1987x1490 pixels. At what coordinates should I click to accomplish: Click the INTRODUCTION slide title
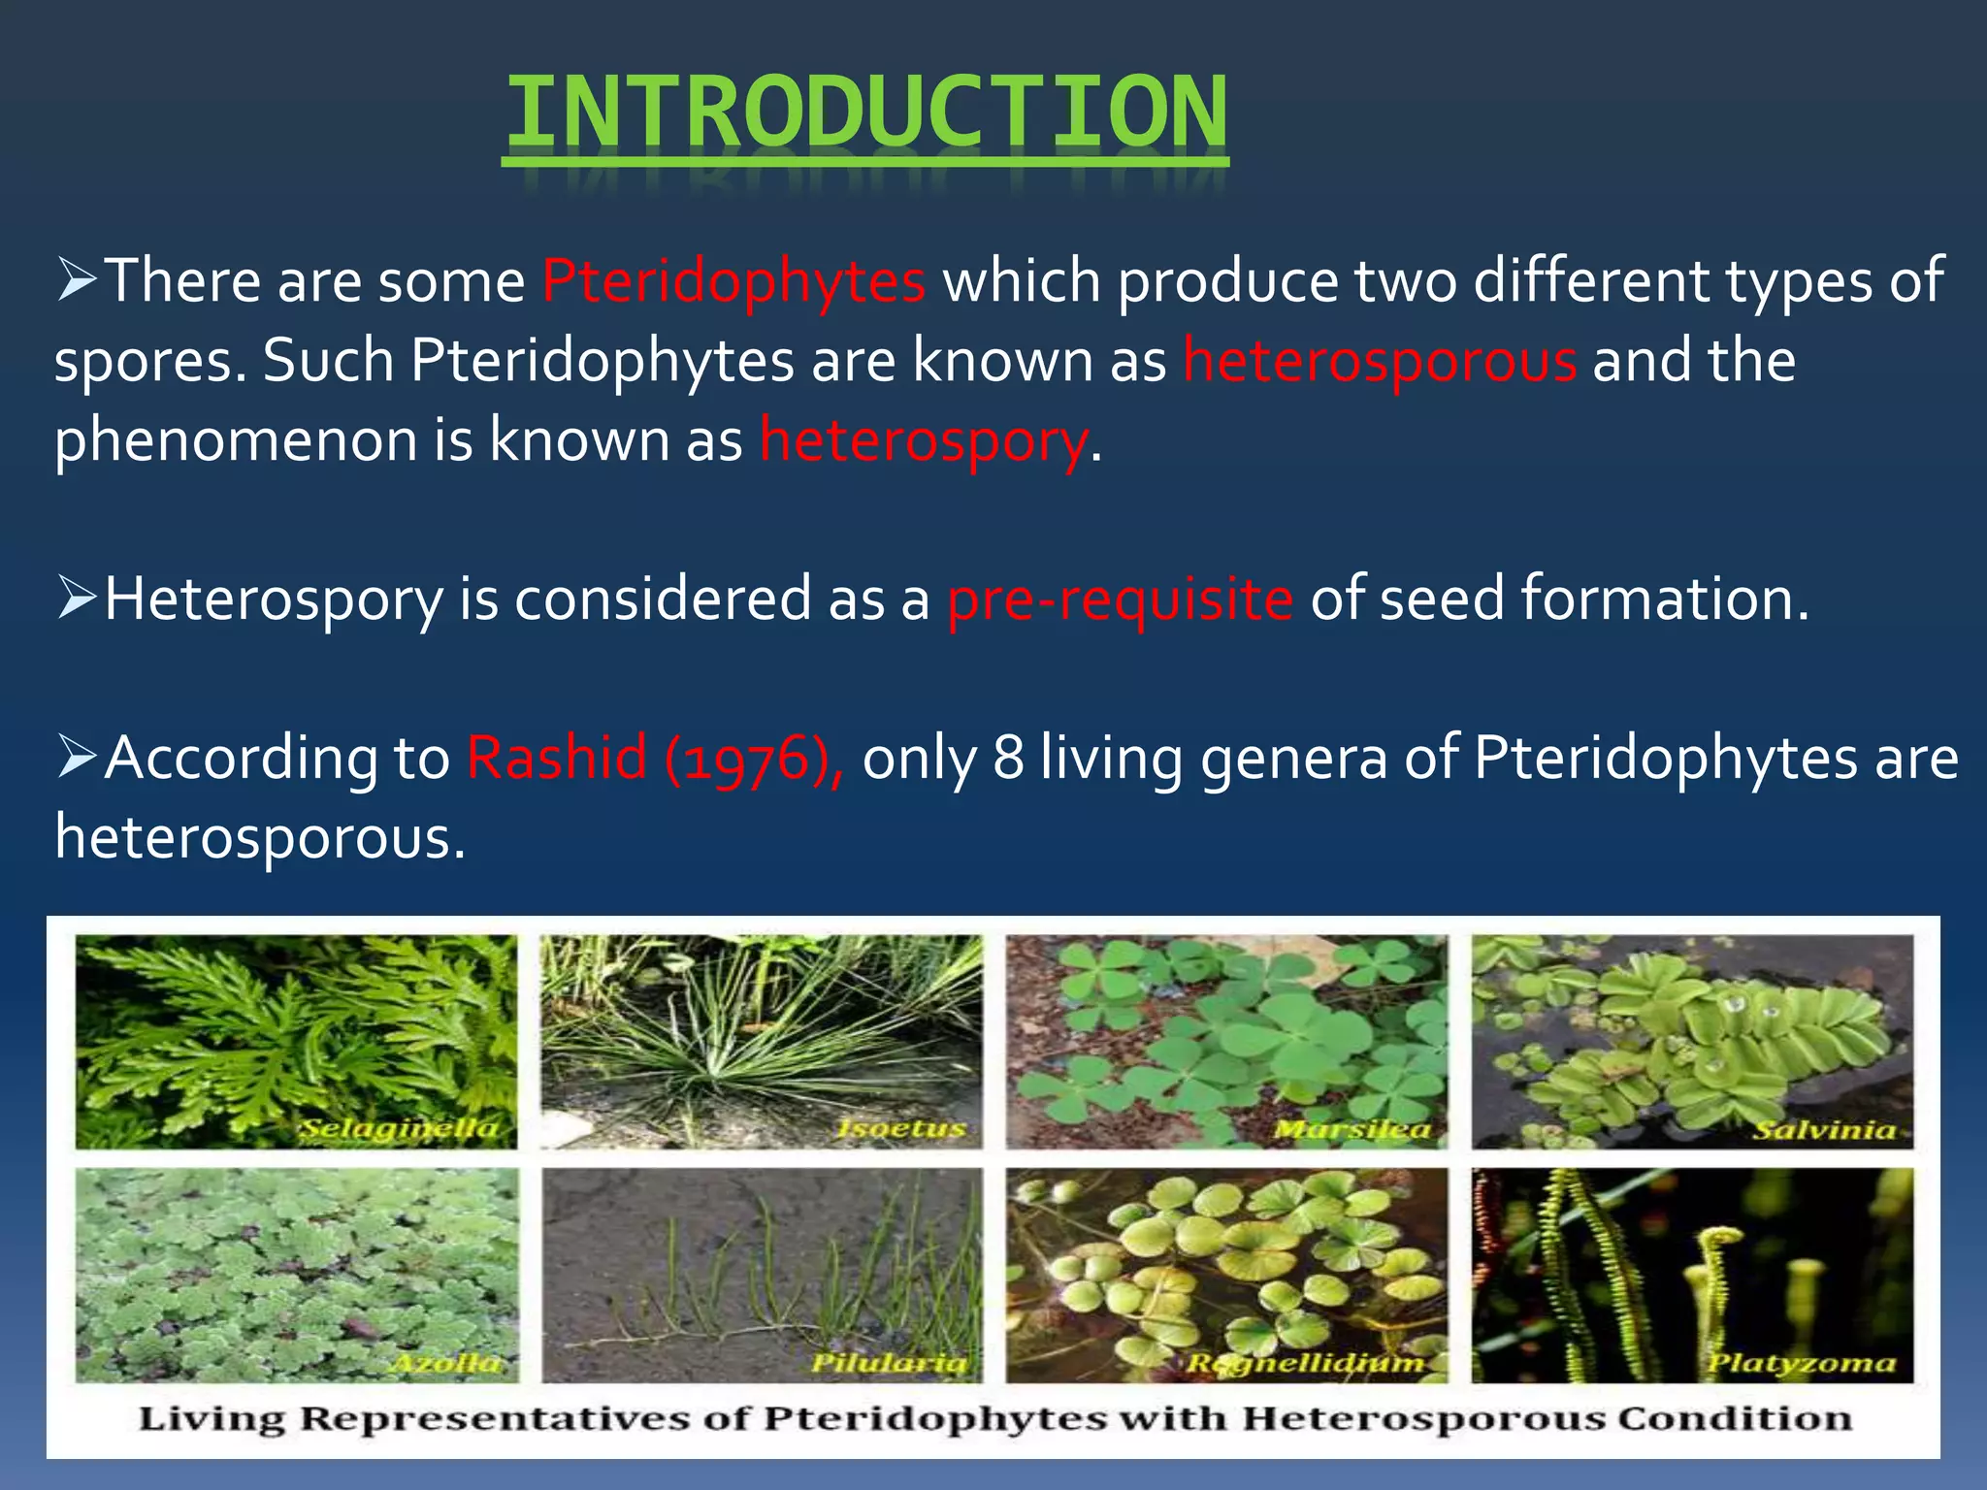[x=865, y=114]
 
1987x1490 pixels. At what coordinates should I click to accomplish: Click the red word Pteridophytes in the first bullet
[x=733, y=281]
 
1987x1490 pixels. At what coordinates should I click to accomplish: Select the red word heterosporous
[x=1380, y=361]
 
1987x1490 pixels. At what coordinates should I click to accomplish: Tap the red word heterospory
[x=924, y=441]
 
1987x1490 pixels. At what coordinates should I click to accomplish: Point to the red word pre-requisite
[x=1120, y=599]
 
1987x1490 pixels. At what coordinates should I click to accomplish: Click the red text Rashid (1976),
[x=656, y=758]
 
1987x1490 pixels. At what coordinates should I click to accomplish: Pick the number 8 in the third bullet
[x=1008, y=758]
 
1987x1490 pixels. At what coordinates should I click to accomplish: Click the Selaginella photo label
[x=398, y=1129]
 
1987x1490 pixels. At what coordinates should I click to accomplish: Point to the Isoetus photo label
[x=901, y=1129]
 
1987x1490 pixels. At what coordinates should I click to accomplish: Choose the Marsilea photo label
[x=1352, y=1129]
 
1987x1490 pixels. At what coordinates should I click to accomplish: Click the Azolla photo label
[x=445, y=1363]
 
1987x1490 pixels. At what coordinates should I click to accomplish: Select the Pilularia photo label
[x=889, y=1363]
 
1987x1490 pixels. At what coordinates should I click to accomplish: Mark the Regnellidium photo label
[x=1306, y=1364]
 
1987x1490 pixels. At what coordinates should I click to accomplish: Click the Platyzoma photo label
[x=1801, y=1364]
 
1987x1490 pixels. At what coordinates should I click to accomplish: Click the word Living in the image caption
[x=212, y=1419]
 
